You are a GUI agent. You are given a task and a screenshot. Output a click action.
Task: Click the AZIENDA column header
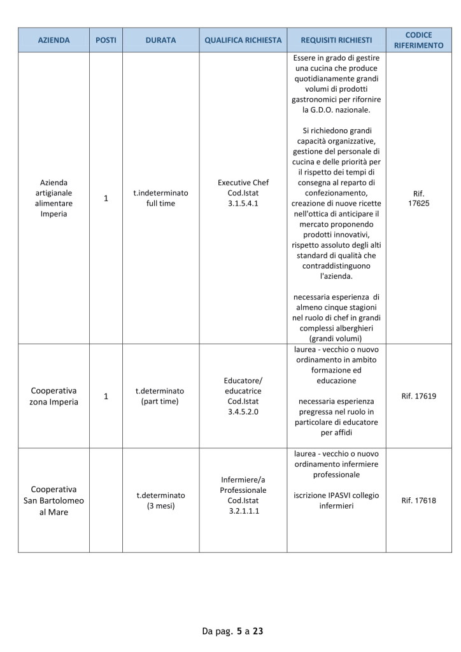[x=53, y=40]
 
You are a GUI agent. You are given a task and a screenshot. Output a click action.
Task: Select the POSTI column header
[x=106, y=40]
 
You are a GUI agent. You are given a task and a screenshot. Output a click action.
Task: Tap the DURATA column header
[x=160, y=40]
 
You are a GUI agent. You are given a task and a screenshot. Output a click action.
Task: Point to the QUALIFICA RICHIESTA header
[x=243, y=40]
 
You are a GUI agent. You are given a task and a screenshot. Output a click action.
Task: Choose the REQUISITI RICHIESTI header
[x=336, y=40]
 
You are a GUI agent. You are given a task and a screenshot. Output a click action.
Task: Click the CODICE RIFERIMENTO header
[x=418, y=40]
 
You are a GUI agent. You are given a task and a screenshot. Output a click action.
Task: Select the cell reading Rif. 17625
[x=418, y=198]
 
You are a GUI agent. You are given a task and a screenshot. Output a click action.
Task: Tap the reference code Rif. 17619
[x=418, y=396]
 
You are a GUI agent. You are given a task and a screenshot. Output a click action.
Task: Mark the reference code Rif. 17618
[x=418, y=500]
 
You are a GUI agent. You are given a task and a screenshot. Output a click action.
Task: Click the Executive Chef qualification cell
[x=243, y=193]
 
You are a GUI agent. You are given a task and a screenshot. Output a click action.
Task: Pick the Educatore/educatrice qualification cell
[x=243, y=396]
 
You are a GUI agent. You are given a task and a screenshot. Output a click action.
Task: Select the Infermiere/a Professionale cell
[x=243, y=495]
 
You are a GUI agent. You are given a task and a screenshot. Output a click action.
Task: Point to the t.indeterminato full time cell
[x=160, y=198]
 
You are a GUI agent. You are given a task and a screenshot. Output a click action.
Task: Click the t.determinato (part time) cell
[x=160, y=396]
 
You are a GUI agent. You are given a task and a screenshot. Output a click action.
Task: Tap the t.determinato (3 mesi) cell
[x=160, y=500]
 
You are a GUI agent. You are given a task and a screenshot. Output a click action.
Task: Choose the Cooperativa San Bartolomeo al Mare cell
[x=53, y=500]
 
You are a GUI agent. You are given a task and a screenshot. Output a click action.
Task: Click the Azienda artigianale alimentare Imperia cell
[x=53, y=198]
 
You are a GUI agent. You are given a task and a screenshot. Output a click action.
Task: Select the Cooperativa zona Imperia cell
[x=53, y=396]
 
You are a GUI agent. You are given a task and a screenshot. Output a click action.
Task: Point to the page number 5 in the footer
[x=239, y=632]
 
